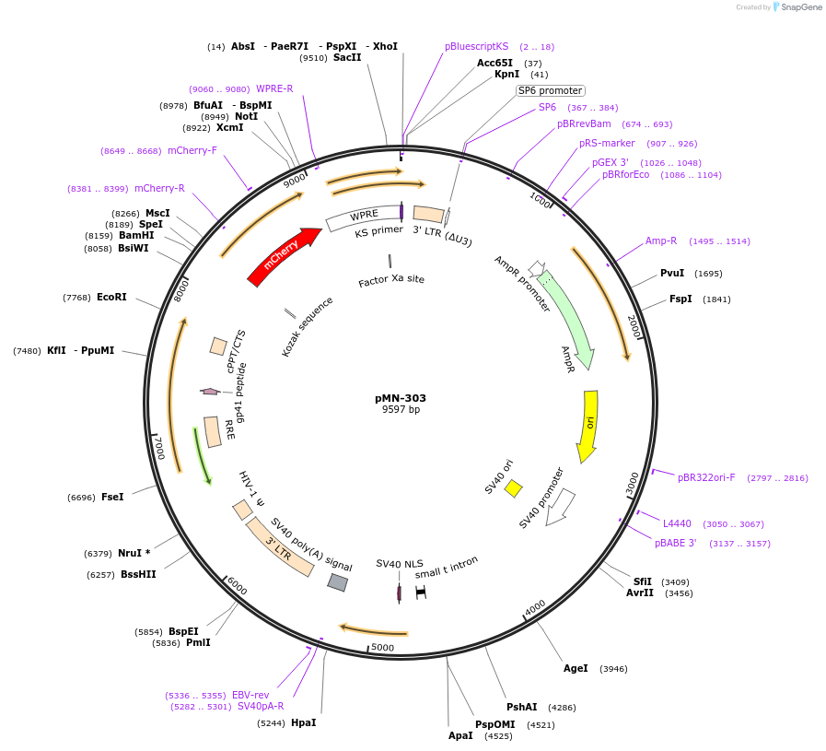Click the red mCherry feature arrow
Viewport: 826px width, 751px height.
(282, 258)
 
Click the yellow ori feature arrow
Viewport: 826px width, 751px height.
(588, 425)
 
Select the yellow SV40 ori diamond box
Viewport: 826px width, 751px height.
(513, 487)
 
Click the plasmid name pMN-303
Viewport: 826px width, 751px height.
(401, 398)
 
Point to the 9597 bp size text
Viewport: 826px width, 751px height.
(401, 410)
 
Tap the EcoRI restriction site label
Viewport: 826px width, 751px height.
(111, 297)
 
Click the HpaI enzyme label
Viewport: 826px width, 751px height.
(303, 722)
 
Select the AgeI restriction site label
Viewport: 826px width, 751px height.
(576, 668)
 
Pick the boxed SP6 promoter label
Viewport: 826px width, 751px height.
(550, 90)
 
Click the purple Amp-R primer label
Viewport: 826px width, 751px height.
(661, 241)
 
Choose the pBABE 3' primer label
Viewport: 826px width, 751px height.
(675, 543)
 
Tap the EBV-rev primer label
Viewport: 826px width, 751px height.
(250, 695)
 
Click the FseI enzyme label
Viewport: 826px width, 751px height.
(112, 497)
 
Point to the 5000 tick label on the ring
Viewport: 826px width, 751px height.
(383, 648)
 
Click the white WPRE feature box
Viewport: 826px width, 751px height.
(363, 217)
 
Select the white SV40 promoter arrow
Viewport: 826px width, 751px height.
(561, 506)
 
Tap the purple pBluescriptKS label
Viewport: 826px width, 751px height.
(476, 46)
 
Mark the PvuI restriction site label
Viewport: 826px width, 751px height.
(672, 273)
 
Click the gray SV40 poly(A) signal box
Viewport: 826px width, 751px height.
(338, 581)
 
